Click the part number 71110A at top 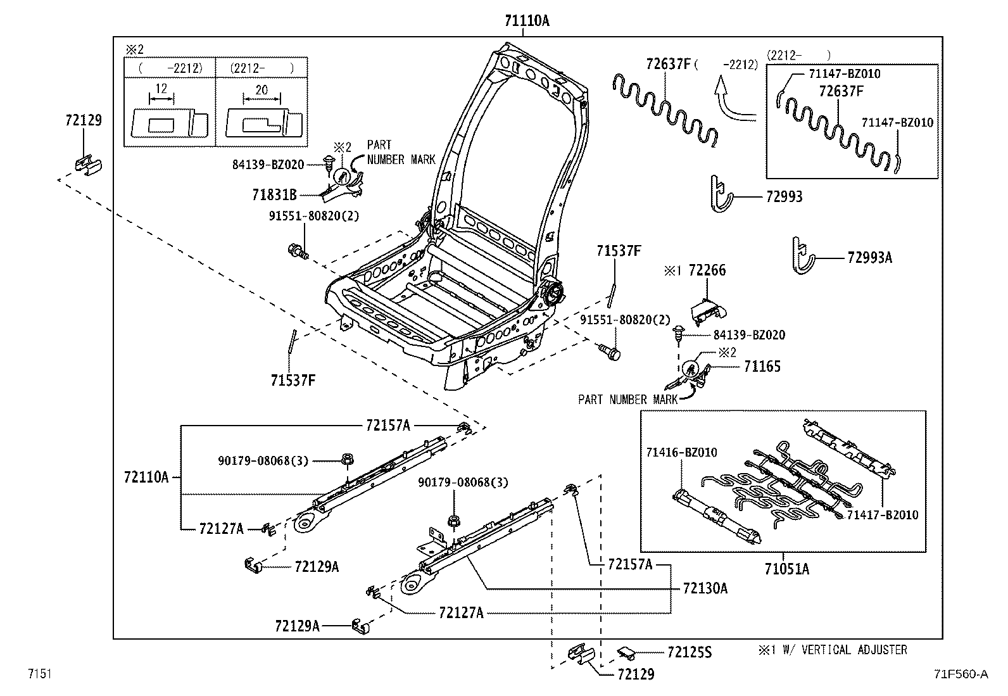pos(527,21)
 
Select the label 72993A pos(869,257)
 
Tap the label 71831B pos(274,195)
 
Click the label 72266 pos(707,270)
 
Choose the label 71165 pos(762,366)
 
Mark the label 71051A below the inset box pos(786,569)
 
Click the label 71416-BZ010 pos(681,452)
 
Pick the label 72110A pos(146,477)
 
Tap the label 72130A pos(705,588)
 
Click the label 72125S pos(690,652)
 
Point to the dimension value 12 pos(161,89)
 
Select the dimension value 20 pos(261,90)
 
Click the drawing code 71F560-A pos(960,674)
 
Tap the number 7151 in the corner pos(39,674)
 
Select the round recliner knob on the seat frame pos(553,293)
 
